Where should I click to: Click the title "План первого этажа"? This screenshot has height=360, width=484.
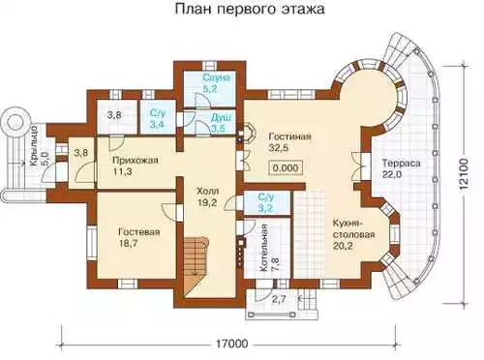click(x=250, y=10)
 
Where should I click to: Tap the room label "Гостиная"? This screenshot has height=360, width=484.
click(x=289, y=136)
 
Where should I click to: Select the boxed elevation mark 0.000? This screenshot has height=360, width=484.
click(x=286, y=167)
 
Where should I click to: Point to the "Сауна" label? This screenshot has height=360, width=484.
click(x=217, y=78)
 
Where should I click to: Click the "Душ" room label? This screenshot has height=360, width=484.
click(x=221, y=118)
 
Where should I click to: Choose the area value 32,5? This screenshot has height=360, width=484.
click(x=279, y=148)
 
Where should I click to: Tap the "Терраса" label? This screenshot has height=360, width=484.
click(x=402, y=164)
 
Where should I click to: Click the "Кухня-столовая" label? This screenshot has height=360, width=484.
click(x=353, y=228)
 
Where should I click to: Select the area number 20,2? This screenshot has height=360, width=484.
click(x=343, y=246)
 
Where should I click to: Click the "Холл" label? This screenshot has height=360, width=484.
click(x=208, y=191)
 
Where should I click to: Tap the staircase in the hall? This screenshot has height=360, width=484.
click(x=197, y=265)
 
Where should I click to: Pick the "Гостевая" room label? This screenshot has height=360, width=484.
click(x=139, y=232)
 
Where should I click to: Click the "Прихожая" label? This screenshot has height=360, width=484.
click(x=136, y=161)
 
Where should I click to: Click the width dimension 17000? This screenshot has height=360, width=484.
click(x=230, y=344)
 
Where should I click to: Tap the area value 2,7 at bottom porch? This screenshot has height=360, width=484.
click(x=279, y=299)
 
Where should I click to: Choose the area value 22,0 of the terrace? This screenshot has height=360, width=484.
click(x=392, y=174)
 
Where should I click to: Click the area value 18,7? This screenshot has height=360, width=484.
click(x=129, y=243)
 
